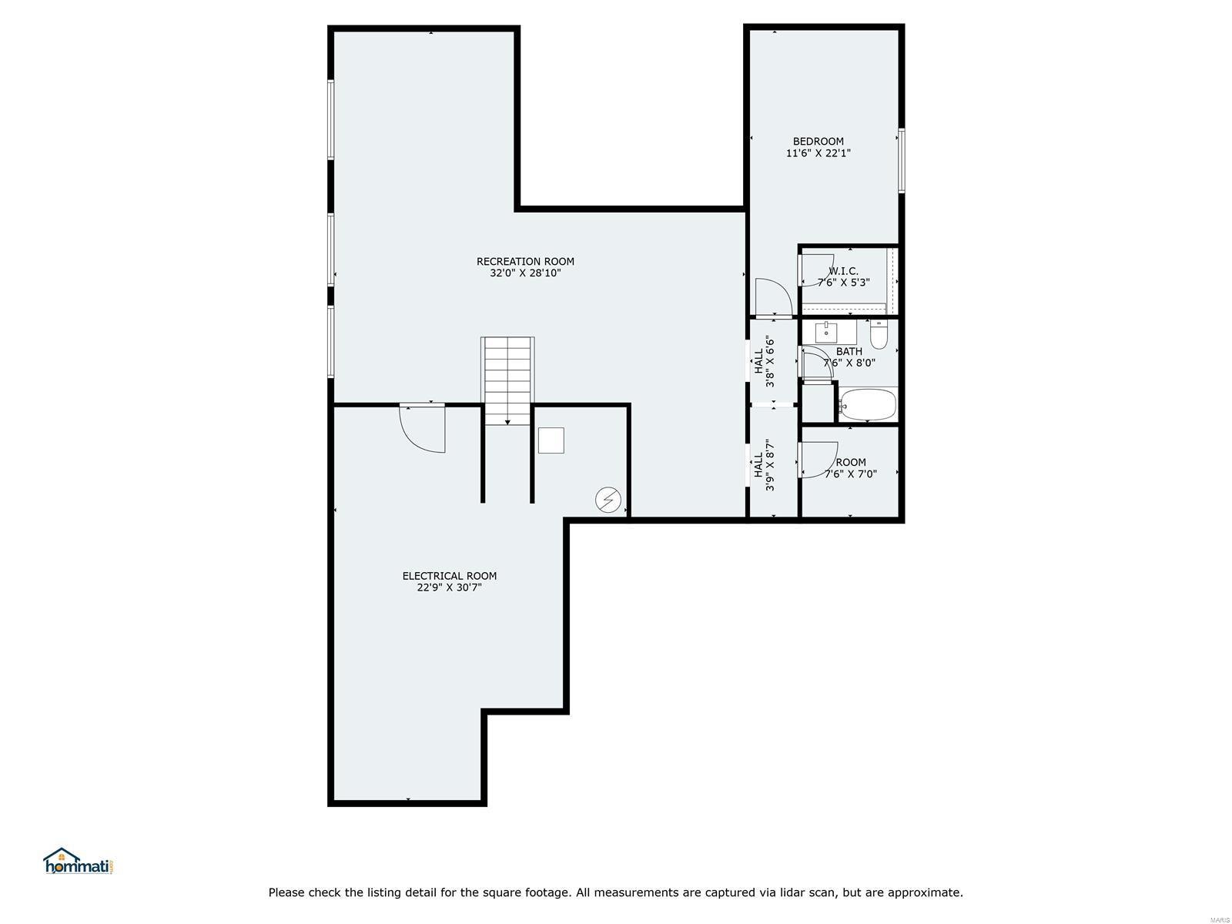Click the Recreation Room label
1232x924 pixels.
click(525, 262)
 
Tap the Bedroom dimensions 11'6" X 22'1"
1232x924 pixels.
click(818, 152)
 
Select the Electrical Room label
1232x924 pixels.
click(449, 576)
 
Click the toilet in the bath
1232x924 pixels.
click(878, 334)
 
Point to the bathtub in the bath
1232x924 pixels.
click(868, 403)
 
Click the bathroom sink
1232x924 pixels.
click(826, 333)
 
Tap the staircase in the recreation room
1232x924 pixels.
click(507, 381)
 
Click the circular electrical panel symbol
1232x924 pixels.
click(608, 499)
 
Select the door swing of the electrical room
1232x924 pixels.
click(423, 428)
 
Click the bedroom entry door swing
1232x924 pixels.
click(773, 296)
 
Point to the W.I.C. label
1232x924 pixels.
click(843, 271)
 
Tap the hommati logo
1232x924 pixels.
click(79, 861)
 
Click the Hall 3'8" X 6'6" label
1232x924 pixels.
click(764, 362)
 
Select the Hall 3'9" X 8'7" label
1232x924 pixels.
click(764, 465)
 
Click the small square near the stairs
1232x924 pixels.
click(551, 440)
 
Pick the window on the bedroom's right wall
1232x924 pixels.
click(901, 160)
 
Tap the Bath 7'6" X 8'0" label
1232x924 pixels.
click(849, 357)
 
